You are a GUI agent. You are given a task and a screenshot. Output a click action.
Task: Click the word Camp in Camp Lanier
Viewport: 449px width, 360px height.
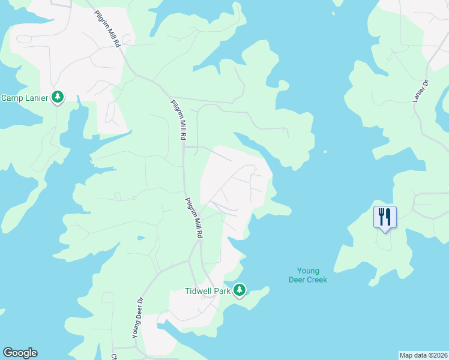12,98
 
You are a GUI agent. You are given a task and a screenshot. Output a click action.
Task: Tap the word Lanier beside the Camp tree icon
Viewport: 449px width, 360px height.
37,98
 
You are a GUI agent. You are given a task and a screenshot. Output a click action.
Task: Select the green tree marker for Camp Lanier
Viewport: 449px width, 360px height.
58,97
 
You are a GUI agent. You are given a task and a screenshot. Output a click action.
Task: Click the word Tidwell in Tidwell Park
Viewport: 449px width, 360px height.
199,292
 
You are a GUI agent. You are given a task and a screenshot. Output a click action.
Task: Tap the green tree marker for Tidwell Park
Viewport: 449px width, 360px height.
240,290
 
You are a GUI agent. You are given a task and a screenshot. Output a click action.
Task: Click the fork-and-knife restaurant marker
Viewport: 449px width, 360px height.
384,217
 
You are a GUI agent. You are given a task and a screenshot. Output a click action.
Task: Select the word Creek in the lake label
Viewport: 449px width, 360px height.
316,280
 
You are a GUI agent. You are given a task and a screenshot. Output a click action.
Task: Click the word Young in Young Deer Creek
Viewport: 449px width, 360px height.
308,271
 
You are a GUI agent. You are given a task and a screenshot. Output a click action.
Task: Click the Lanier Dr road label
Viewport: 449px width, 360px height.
421,91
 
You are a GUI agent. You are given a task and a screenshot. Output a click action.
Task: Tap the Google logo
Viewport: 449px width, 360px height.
20,353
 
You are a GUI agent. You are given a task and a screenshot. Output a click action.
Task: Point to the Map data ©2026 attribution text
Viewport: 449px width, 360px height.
423,355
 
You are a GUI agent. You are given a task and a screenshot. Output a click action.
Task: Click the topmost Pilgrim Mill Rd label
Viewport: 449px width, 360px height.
109,28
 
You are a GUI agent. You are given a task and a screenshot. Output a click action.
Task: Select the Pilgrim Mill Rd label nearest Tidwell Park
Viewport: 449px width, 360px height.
194,218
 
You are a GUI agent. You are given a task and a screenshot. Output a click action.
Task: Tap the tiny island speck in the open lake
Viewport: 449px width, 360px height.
326,152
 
